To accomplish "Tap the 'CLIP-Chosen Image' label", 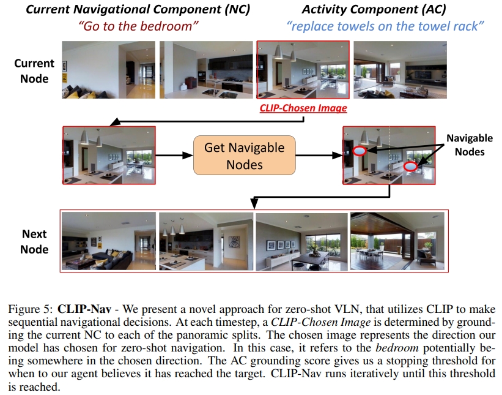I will tap(303, 108).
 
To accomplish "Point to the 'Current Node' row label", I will tap(34, 70).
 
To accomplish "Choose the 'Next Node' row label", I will tap(34, 241).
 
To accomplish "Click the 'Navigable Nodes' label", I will tap(469, 145).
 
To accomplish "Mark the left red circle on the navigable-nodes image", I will tap(360, 150).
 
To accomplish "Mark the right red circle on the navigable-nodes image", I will tap(411, 165).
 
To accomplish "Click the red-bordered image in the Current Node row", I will tap(303, 70).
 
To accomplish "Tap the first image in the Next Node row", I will tap(109, 241).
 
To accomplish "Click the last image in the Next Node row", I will tap(397, 241).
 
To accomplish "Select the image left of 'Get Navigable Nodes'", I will tap(109, 155).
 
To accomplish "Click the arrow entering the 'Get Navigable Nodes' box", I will tap(174, 155).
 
